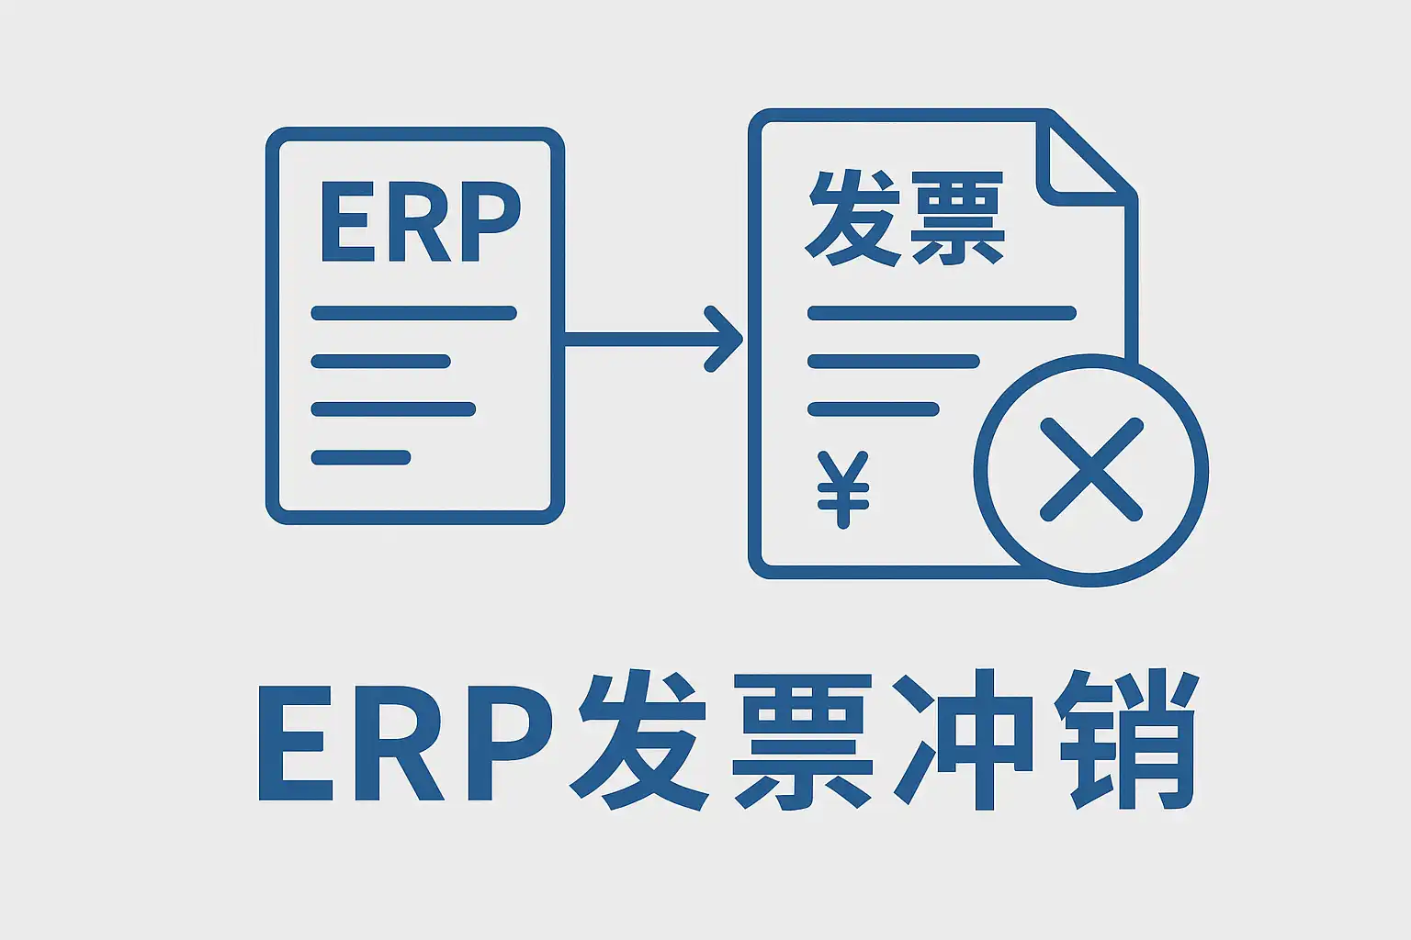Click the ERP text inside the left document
coord(420,221)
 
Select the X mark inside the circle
coord(1091,470)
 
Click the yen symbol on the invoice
coord(842,488)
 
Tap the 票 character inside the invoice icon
coord(956,219)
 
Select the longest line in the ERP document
coord(413,313)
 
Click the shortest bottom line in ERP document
coord(361,457)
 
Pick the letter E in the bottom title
coord(297,743)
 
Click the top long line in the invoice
coord(942,313)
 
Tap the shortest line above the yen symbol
coord(874,409)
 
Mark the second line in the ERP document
coord(381,361)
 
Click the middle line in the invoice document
coord(894,361)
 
